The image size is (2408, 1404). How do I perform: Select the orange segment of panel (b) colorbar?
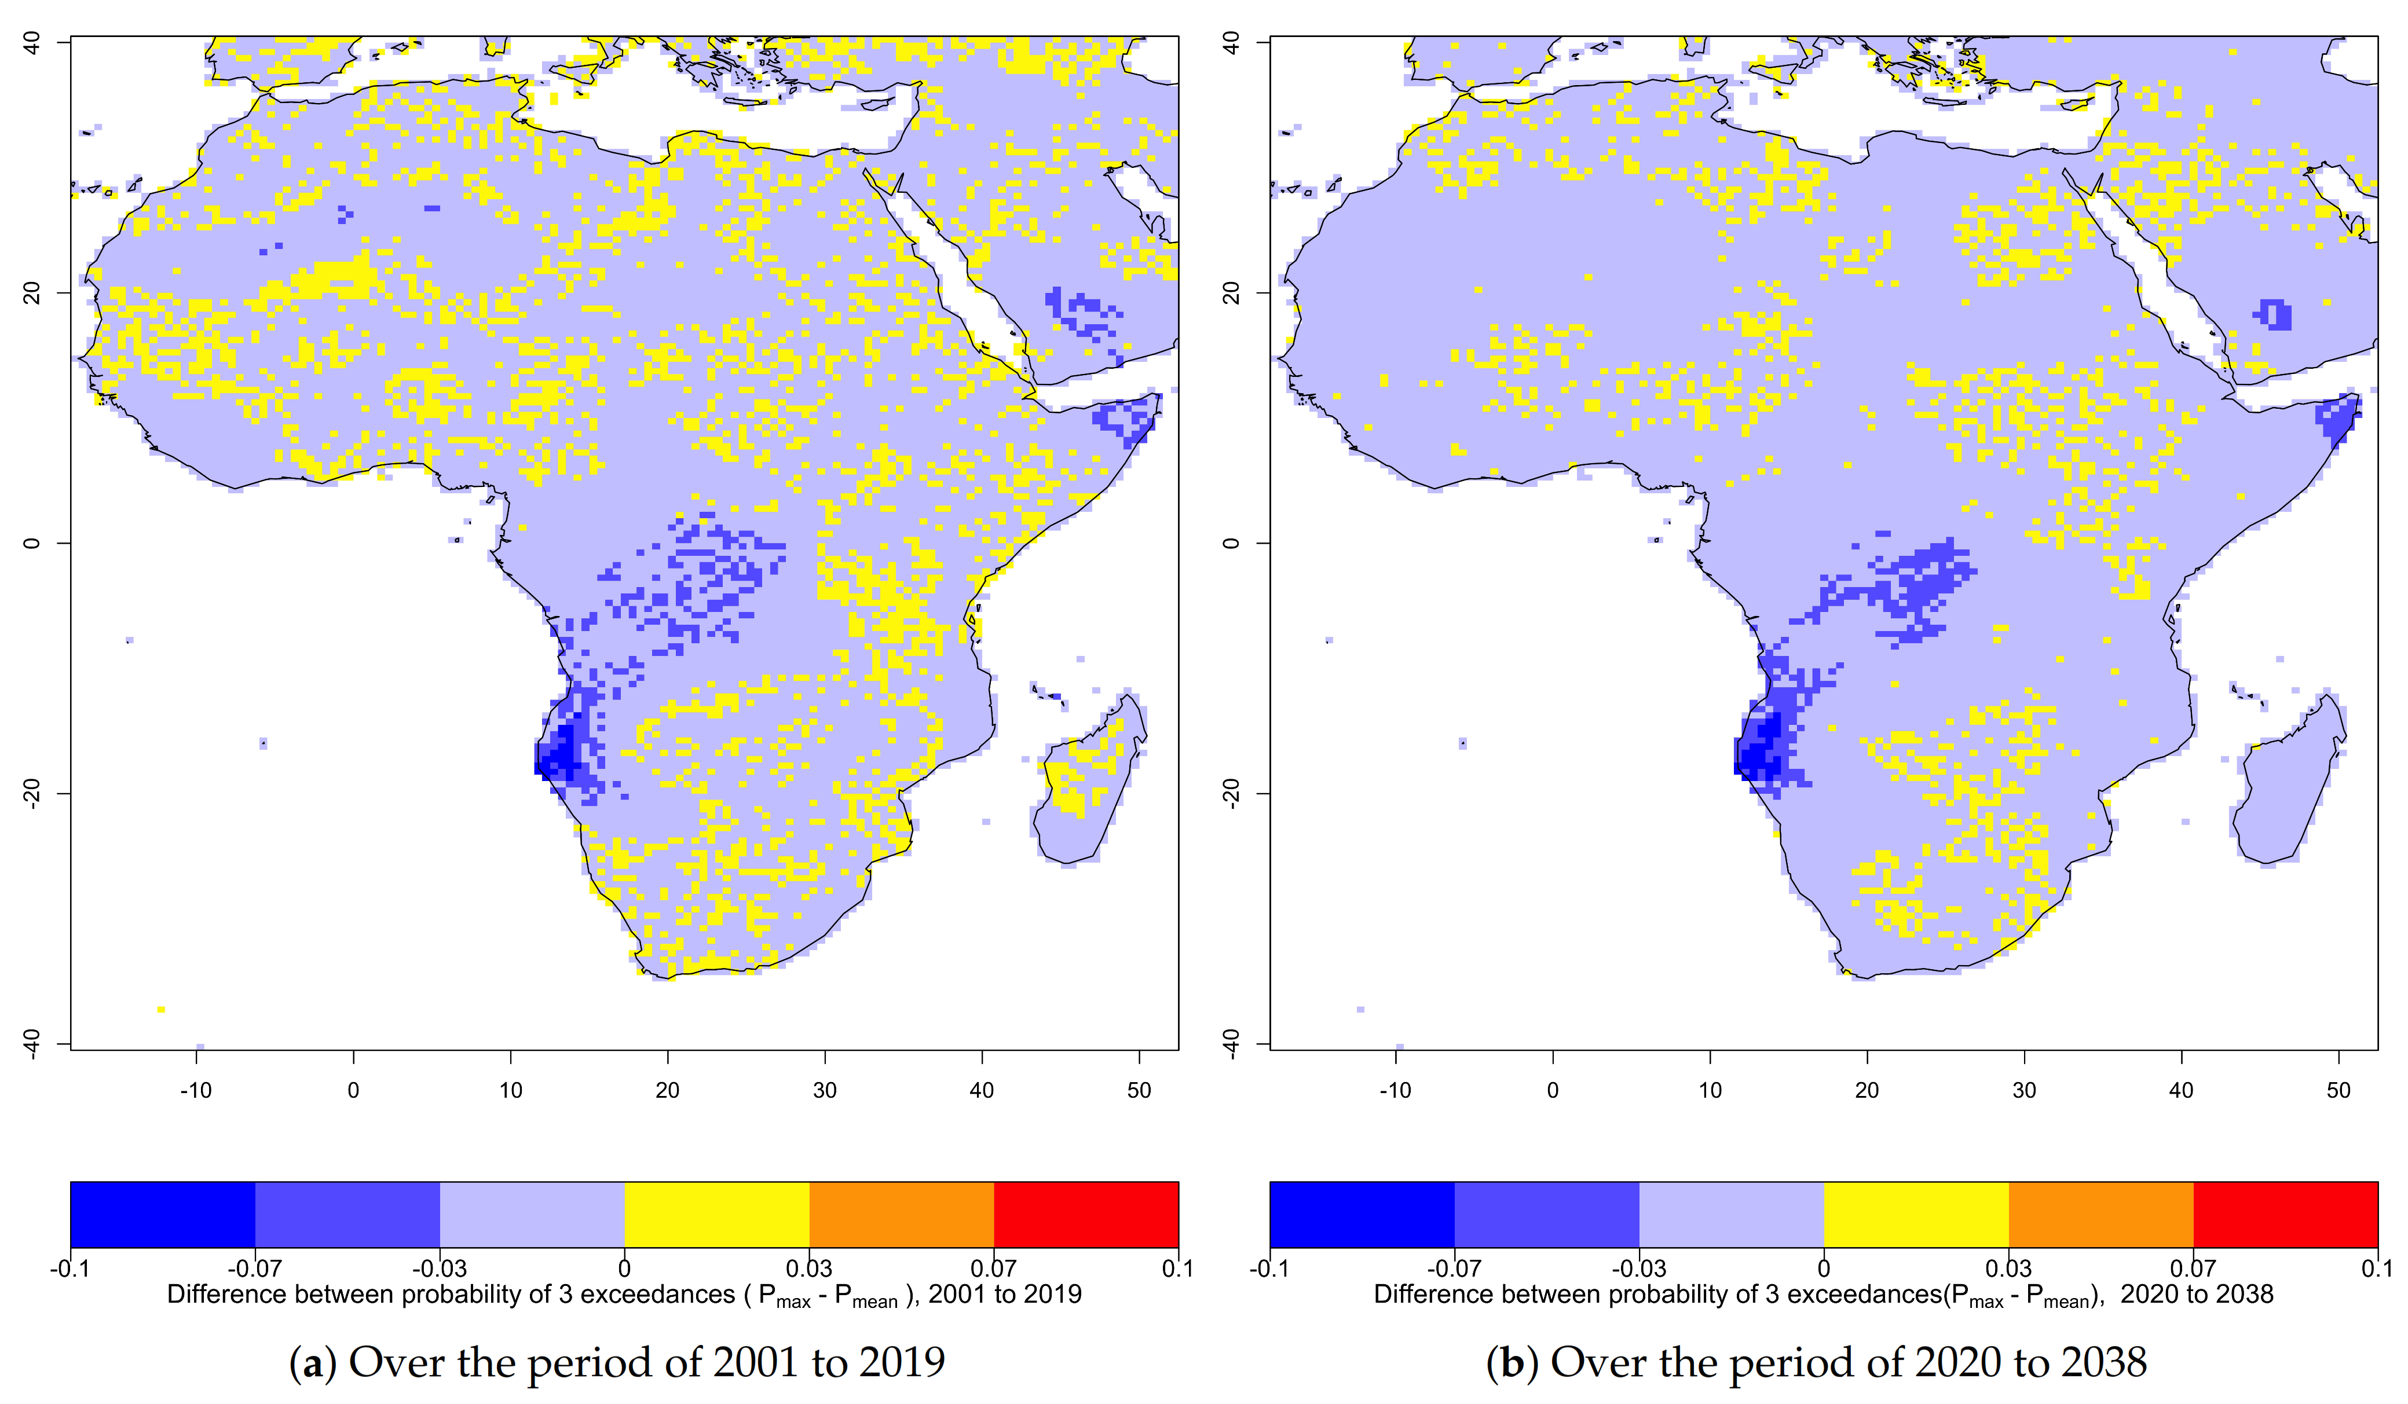(2100, 1214)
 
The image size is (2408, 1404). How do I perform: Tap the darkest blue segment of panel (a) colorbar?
(162, 1214)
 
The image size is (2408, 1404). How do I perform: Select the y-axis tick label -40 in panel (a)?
(31, 1044)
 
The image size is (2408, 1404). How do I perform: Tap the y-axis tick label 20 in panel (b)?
(1231, 292)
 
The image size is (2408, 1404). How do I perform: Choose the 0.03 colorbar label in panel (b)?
(2008, 1269)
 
